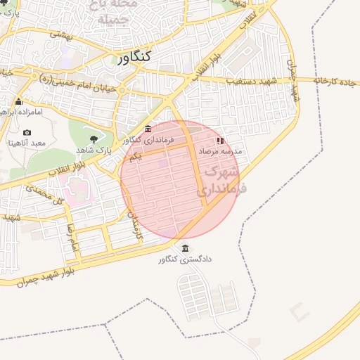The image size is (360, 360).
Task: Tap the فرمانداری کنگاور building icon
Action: tap(148, 130)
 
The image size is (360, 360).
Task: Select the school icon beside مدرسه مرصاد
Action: tap(219, 141)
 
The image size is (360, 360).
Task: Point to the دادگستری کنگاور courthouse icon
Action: tap(185, 249)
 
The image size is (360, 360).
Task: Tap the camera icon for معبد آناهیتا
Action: tap(27, 133)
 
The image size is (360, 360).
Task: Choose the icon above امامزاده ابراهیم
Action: tap(18, 102)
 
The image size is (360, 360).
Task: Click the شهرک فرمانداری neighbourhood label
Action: tap(219, 180)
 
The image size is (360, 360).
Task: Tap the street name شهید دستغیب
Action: tap(251, 81)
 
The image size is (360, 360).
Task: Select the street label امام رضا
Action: tap(71, 238)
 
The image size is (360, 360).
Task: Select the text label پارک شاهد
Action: tap(94, 150)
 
